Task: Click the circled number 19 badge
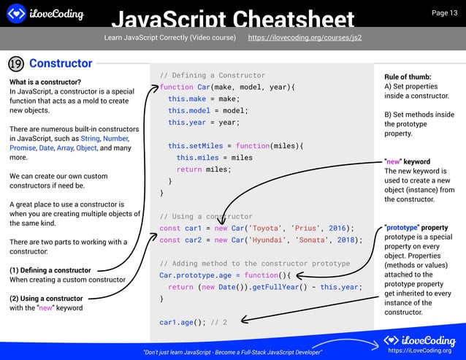[16, 64]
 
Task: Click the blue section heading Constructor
[61, 64]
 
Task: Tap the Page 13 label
[444, 12]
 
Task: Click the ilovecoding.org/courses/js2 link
[305, 37]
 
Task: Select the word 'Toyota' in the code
[267, 228]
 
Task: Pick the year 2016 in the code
[337, 228]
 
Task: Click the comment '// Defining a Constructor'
[212, 75]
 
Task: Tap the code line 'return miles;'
[203, 169]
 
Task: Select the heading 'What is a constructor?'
[45, 82]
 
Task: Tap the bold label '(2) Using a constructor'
[46, 299]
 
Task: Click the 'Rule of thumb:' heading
[408, 77]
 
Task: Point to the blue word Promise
[22, 148]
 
